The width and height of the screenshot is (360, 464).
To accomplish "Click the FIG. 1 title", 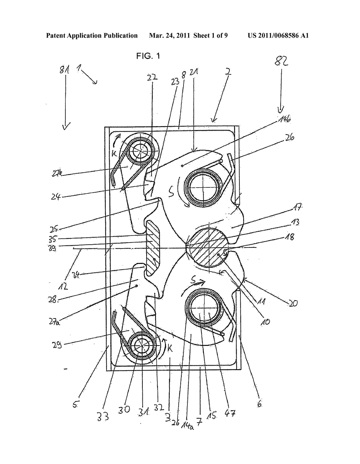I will click(x=148, y=56).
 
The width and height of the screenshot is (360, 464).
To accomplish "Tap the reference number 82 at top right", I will click(x=281, y=62).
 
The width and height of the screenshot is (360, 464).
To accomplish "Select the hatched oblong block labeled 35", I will click(x=153, y=248).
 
